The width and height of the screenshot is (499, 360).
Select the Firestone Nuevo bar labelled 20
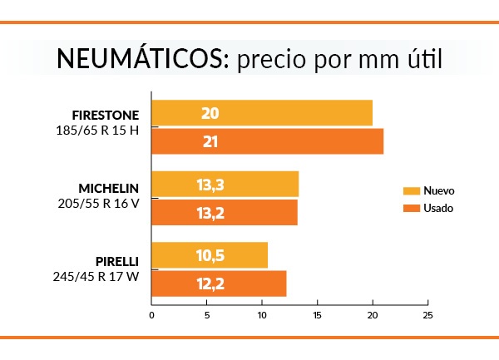point(262,113)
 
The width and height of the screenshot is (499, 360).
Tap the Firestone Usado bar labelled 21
point(267,141)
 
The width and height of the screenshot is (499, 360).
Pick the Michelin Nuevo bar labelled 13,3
point(225,184)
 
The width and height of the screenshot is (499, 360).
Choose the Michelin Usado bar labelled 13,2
point(224,213)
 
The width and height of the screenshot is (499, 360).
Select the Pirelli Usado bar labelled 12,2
point(219,284)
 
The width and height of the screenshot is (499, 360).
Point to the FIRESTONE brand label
point(105,115)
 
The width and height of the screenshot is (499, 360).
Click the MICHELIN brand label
point(108,187)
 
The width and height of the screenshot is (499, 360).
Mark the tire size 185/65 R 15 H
point(97,131)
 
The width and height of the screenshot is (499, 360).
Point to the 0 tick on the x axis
point(152,315)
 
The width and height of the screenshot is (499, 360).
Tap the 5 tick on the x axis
point(207,315)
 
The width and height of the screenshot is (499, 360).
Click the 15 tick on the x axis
point(317,315)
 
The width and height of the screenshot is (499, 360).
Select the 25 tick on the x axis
point(427,315)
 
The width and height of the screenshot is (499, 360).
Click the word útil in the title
point(418,60)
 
